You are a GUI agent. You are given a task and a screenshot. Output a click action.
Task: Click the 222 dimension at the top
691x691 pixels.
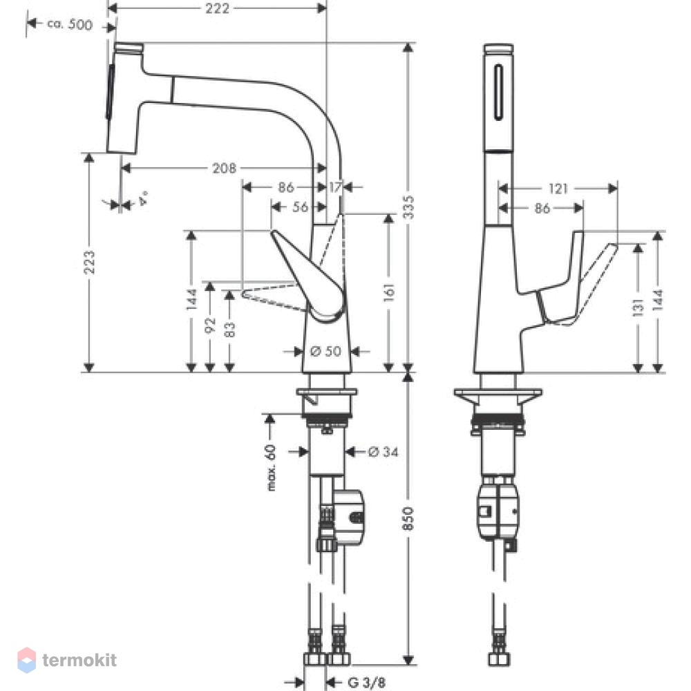click(x=217, y=8)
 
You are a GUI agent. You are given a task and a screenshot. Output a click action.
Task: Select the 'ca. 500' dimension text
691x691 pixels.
click(x=70, y=24)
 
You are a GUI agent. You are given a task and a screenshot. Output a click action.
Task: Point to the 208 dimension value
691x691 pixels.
click(x=225, y=168)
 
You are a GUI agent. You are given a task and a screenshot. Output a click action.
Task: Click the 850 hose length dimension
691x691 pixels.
click(x=408, y=519)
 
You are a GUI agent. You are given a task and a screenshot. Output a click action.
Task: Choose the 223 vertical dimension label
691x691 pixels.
click(x=89, y=262)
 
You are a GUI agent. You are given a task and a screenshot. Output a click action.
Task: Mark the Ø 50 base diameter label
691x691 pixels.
click(x=325, y=351)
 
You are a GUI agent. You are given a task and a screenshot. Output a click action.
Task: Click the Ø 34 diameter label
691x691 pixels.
click(x=384, y=452)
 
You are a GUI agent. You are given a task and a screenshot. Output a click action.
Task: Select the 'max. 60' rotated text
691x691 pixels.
click(x=271, y=468)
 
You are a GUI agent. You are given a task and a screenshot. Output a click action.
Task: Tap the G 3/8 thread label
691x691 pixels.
click(x=367, y=683)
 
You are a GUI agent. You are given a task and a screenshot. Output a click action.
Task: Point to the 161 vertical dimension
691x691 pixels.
click(x=389, y=292)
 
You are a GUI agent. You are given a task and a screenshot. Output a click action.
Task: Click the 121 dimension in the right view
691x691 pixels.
click(x=558, y=189)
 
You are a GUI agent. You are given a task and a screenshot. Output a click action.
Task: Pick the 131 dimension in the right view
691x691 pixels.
click(x=638, y=307)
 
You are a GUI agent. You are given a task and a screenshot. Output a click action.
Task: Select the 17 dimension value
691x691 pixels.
click(x=335, y=187)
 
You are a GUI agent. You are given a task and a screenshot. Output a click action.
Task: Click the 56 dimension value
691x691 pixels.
click(x=300, y=207)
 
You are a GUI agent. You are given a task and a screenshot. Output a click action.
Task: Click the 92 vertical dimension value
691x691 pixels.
click(x=210, y=325)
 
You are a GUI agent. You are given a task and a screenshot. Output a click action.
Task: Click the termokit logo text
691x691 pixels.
click(x=79, y=660)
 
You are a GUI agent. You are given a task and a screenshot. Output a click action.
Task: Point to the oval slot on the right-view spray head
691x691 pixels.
click(x=498, y=92)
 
